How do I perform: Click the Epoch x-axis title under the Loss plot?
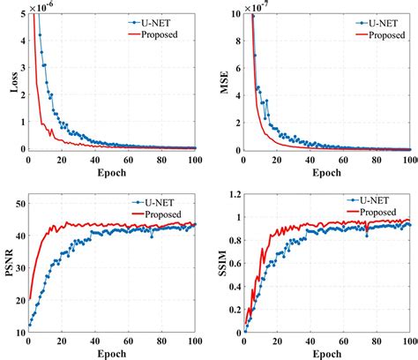tap(109, 170)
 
